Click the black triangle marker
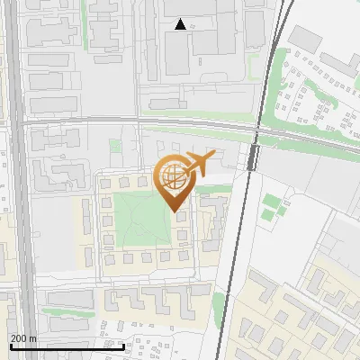[181, 24]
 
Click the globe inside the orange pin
[172, 175]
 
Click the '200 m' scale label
[23, 338]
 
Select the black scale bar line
[67, 346]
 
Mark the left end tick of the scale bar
[10, 345]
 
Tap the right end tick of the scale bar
[123, 345]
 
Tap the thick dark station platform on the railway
[253, 158]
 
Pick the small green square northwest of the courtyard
[115, 145]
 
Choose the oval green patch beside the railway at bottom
[218, 305]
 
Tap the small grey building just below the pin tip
[181, 217]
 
